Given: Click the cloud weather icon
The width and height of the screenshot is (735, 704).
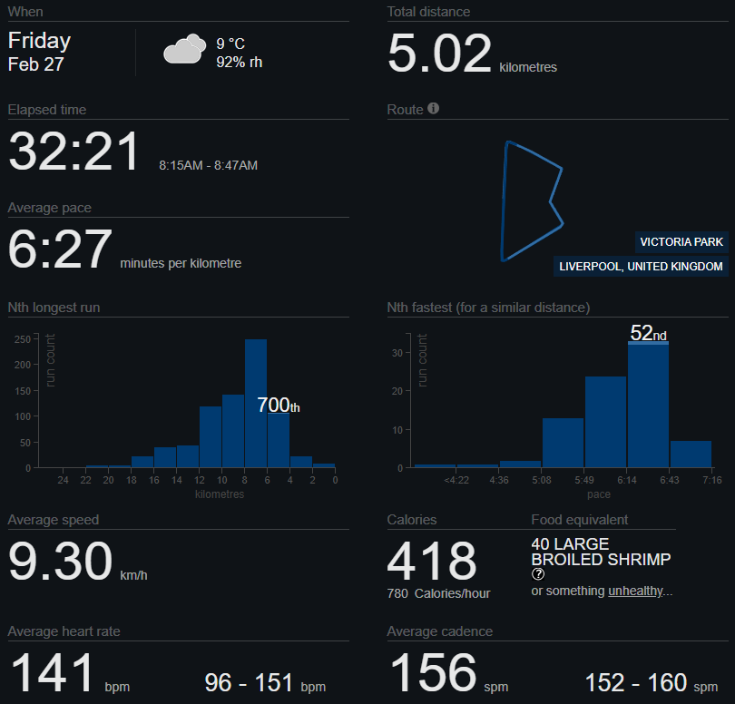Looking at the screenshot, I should tap(182, 50).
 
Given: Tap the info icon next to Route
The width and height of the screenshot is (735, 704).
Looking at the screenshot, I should tap(433, 109).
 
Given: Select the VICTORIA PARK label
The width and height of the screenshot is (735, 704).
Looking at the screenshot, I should tap(681, 241).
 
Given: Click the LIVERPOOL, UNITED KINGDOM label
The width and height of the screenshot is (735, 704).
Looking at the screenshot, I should tap(641, 267).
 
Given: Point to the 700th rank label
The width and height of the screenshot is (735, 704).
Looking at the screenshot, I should tap(278, 406).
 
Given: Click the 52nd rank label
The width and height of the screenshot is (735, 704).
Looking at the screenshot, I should tap(648, 333).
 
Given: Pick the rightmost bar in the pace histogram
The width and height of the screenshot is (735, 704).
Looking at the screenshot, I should tap(691, 454).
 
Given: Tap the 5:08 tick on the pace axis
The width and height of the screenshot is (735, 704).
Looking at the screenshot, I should tap(543, 481).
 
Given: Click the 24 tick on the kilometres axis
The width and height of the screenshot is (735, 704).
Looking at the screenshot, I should tap(63, 481).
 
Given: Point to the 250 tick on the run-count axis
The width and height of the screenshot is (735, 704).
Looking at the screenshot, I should tap(24, 339).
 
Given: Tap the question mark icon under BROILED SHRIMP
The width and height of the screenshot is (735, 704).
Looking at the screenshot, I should tap(538, 574).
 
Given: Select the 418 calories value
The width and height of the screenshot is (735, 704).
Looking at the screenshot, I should tap(432, 561).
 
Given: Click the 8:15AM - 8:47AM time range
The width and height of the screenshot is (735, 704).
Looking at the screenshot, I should tap(208, 165).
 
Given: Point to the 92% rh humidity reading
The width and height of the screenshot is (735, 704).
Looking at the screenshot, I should tap(239, 63).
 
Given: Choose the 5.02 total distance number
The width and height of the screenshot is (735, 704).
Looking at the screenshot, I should tap(439, 54).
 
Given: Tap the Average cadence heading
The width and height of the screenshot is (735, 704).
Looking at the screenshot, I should tap(440, 631).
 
